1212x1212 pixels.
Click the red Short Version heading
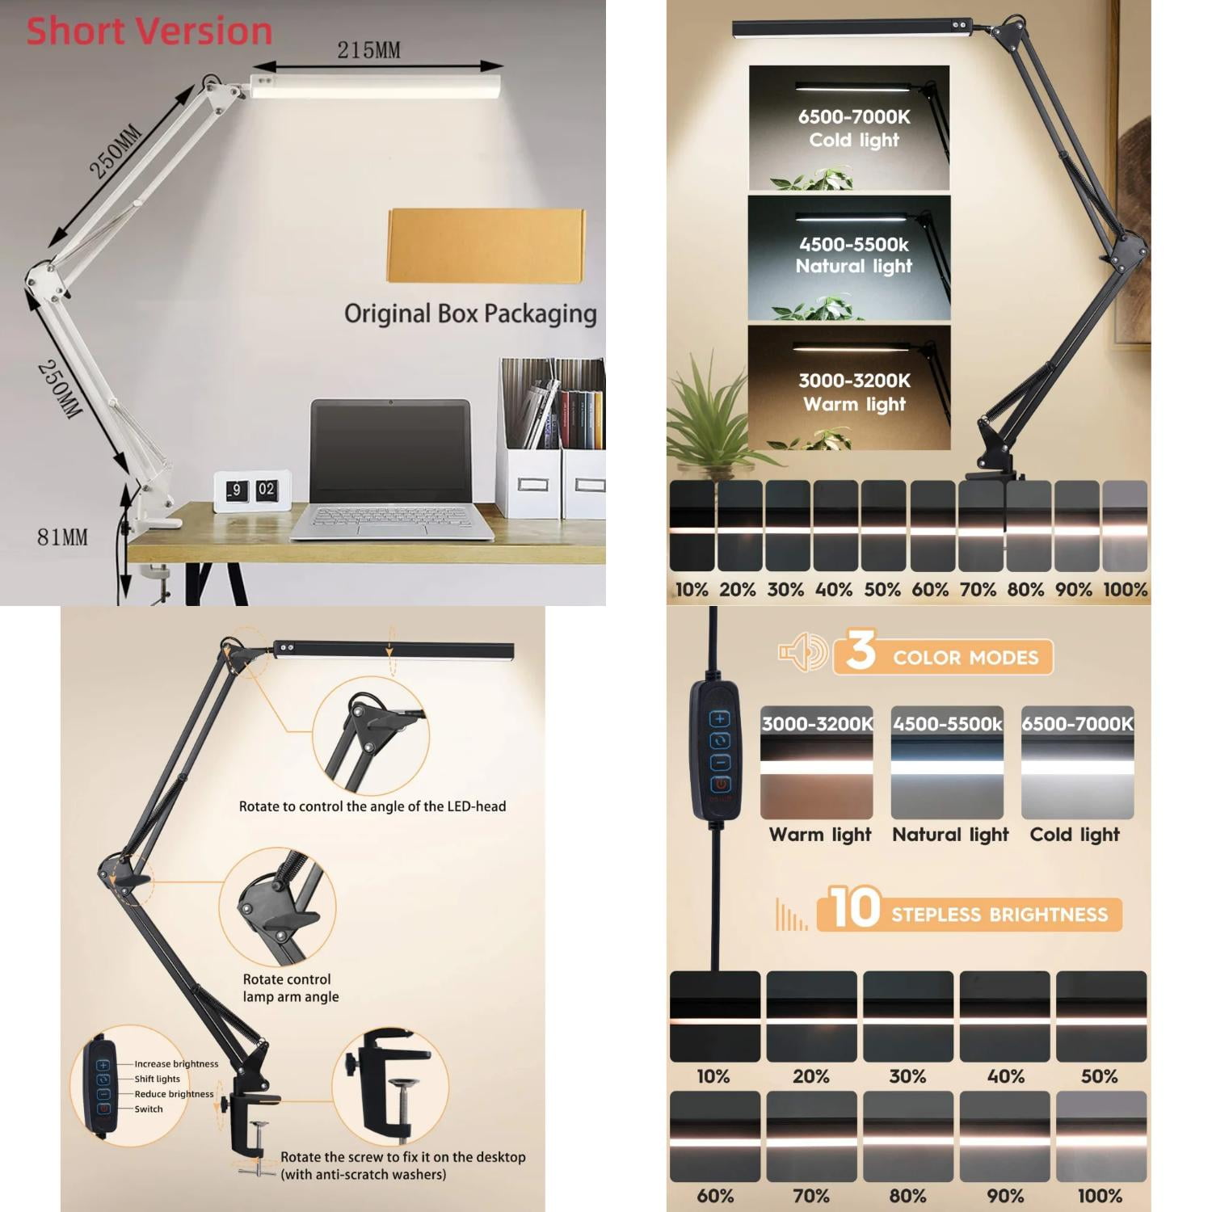149,32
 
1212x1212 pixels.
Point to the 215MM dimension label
368,50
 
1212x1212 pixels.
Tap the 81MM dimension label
62,537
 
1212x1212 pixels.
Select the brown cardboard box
486,246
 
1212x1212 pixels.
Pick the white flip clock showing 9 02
251,490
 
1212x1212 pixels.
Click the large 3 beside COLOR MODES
861,651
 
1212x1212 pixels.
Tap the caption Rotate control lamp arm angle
290,988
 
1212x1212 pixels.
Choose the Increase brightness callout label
176,1064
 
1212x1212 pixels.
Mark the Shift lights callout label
158,1079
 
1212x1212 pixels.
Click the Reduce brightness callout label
174,1094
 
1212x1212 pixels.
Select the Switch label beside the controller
149,1109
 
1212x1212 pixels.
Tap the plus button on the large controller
719,718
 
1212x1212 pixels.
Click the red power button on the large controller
719,784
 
